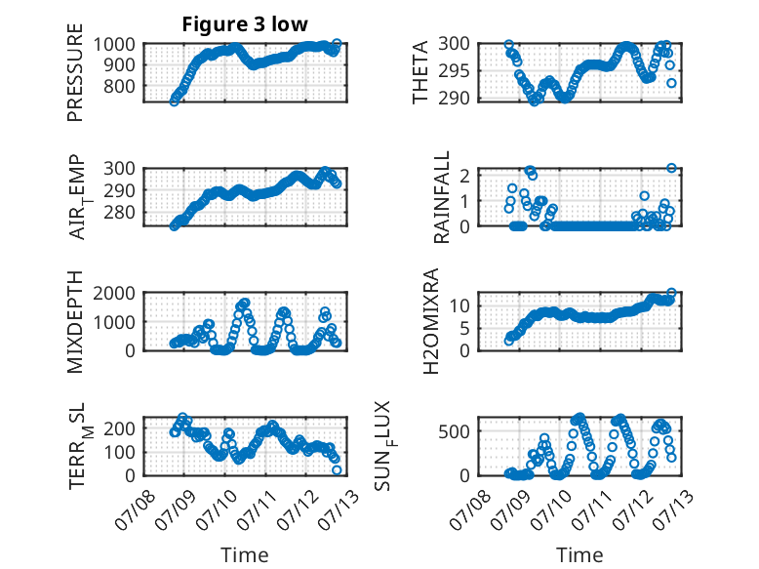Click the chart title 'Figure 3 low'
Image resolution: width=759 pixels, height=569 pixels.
[245, 24]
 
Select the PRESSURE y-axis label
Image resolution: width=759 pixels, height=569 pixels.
[75, 72]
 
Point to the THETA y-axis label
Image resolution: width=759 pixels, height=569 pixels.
[420, 72]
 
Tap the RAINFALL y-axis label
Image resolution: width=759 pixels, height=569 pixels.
[442, 196]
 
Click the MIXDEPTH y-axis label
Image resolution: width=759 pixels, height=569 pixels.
[75, 321]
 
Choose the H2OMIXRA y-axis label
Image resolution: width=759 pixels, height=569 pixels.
[430, 321]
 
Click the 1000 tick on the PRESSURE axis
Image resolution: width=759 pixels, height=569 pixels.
[114, 45]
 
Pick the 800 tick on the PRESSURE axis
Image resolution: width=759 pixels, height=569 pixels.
[120, 86]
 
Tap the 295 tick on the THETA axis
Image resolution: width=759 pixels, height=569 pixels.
[454, 71]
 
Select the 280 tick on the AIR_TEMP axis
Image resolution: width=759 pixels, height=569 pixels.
[120, 212]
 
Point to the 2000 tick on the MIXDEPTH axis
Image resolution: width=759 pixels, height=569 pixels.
[114, 293]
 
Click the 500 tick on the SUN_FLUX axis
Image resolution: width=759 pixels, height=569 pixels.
[454, 431]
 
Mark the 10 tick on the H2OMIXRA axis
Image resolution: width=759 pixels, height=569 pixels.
[459, 305]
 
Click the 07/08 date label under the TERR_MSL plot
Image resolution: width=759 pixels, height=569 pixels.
[136, 510]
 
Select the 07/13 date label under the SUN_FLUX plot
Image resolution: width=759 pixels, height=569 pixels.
[673, 510]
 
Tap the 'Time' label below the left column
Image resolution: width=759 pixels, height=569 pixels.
[245, 554]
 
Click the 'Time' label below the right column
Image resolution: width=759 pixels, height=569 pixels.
[579, 554]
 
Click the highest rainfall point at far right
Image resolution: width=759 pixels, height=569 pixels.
[671, 168]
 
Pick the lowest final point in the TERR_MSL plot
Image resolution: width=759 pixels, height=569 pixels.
[337, 469]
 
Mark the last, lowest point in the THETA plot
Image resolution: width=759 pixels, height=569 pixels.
[671, 83]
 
